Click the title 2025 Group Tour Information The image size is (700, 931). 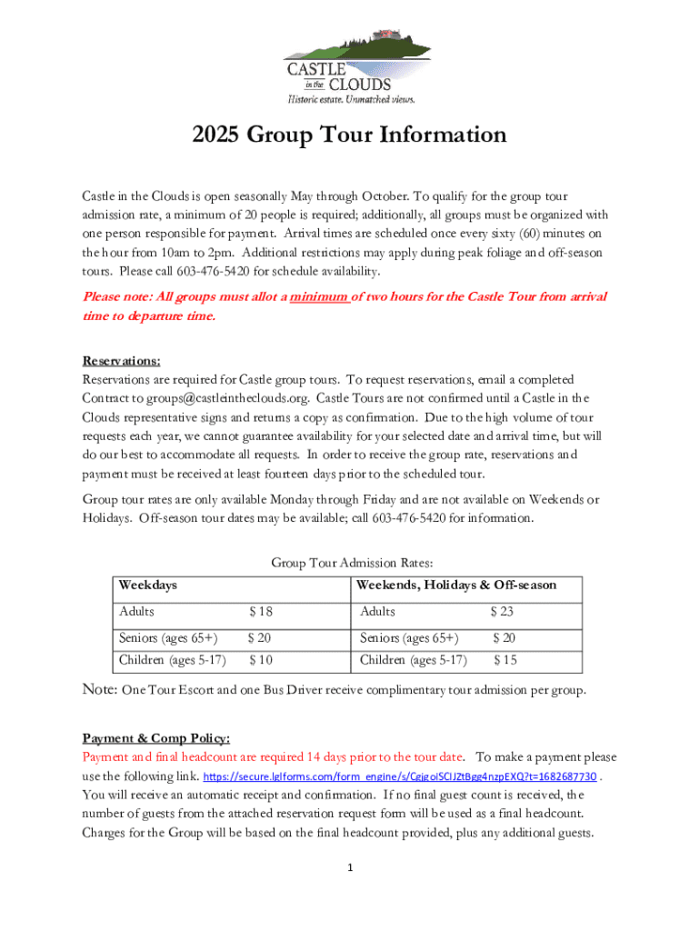(x=349, y=135)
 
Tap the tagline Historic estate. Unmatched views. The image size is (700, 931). (x=351, y=98)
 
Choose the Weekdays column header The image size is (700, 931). (x=147, y=585)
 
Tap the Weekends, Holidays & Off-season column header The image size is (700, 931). (x=456, y=585)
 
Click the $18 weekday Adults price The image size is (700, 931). (x=260, y=612)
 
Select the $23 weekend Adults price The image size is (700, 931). (x=502, y=612)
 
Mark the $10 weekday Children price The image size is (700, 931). (x=260, y=659)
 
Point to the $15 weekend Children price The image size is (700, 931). (x=505, y=659)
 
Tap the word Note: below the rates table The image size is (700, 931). (x=99, y=690)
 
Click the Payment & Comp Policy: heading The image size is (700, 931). (x=155, y=737)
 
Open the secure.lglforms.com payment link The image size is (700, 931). (x=400, y=777)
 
